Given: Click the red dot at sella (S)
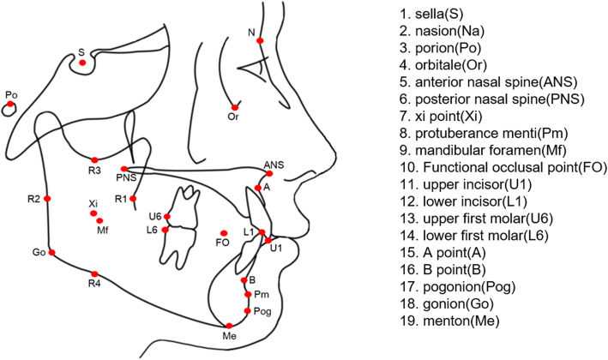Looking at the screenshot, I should [x=82, y=63].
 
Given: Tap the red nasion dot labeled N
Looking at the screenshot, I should [x=260, y=40].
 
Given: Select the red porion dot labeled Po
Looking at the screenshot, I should [x=10, y=104].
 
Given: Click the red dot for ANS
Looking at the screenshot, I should [x=272, y=172].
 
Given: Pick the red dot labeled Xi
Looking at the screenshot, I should [x=93, y=213].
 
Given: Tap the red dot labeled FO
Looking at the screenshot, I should [x=224, y=233].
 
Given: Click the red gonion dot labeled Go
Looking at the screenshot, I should [x=51, y=252].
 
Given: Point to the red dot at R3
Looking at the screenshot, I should [x=94, y=159].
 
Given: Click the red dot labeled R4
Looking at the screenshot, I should [x=95, y=274].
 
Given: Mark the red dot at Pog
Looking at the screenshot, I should [x=247, y=310].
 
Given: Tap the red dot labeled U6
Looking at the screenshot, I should [x=168, y=216].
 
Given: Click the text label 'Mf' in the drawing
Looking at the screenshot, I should [x=103, y=231].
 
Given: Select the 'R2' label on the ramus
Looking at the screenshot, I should [x=33, y=199].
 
